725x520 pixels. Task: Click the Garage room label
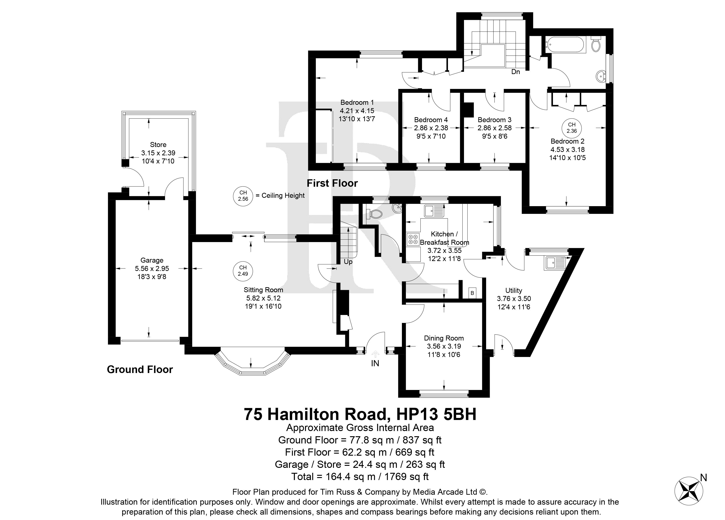click(152, 260)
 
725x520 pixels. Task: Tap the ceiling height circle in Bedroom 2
click(571, 128)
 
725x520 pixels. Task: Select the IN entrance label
click(375, 363)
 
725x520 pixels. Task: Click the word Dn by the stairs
click(516, 72)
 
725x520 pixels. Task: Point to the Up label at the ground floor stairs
click(348, 262)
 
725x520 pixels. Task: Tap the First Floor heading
click(332, 183)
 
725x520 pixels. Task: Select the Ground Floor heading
click(140, 369)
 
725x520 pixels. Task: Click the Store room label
click(158, 145)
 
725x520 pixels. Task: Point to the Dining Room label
click(444, 338)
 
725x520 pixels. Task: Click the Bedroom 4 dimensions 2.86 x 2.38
click(431, 128)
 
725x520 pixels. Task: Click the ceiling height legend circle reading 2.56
click(243, 196)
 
